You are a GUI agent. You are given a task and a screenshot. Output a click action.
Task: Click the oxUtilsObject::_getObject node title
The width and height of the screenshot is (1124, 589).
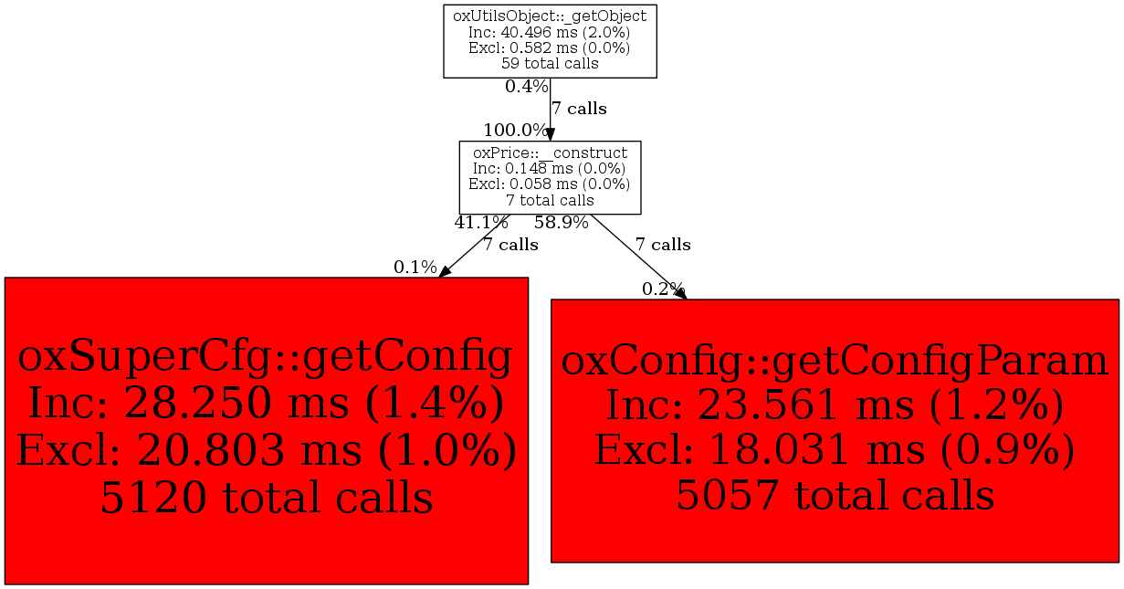click(x=550, y=16)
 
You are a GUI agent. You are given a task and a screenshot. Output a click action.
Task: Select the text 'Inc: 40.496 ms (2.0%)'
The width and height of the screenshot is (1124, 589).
click(x=550, y=33)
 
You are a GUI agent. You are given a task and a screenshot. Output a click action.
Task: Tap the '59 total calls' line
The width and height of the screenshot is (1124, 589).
click(x=550, y=64)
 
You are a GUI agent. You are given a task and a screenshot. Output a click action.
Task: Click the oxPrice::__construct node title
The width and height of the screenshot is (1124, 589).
click(x=550, y=153)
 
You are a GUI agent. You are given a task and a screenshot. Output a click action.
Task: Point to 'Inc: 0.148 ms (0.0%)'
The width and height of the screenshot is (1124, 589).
click(x=550, y=169)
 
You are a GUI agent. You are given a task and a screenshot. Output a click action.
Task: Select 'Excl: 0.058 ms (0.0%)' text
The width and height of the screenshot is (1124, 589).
click(x=550, y=184)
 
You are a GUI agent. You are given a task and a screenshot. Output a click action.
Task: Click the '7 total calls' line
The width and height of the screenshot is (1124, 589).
click(x=550, y=201)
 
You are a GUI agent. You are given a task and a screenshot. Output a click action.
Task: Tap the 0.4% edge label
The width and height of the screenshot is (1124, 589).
click(x=526, y=87)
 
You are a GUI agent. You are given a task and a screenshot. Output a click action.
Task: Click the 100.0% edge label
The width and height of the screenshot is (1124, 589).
click(x=515, y=131)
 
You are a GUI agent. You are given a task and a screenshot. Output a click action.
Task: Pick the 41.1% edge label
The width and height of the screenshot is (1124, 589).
click(x=481, y=222)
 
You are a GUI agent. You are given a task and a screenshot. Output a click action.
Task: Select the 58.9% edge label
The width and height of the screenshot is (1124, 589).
click(x=561, y=222)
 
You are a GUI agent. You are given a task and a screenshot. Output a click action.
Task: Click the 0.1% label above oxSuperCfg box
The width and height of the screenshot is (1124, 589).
click(x=415, y=268)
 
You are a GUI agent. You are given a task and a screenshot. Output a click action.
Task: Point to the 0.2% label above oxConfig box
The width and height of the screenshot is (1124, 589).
click(x=663, y=289)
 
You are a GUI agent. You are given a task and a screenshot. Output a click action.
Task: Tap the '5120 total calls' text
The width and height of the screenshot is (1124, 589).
click(x=267, y=498)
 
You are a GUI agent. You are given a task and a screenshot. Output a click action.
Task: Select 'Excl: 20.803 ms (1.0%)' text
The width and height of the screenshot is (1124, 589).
click(x=267, y=450)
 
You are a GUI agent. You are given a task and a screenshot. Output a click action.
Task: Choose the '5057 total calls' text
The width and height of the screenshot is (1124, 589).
click(x=835, y=495)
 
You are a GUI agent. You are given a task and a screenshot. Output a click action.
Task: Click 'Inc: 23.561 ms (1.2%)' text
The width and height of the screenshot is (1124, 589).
click(x=835, y=405)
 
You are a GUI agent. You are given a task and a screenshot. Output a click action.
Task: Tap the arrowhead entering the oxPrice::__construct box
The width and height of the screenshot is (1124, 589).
click(x=550, y=134)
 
